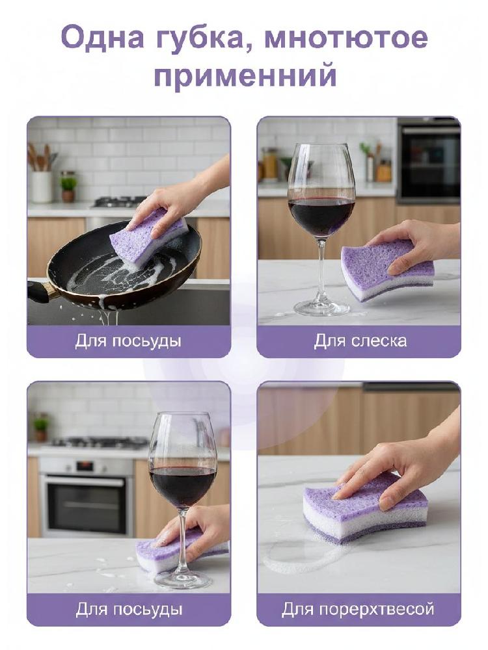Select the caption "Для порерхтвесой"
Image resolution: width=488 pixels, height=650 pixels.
point(358,610)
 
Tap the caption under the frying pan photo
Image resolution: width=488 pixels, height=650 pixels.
point(128,342)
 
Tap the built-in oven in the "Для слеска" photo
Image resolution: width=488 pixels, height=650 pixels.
point(428,161)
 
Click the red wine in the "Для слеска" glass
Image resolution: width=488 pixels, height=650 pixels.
point(321,217)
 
